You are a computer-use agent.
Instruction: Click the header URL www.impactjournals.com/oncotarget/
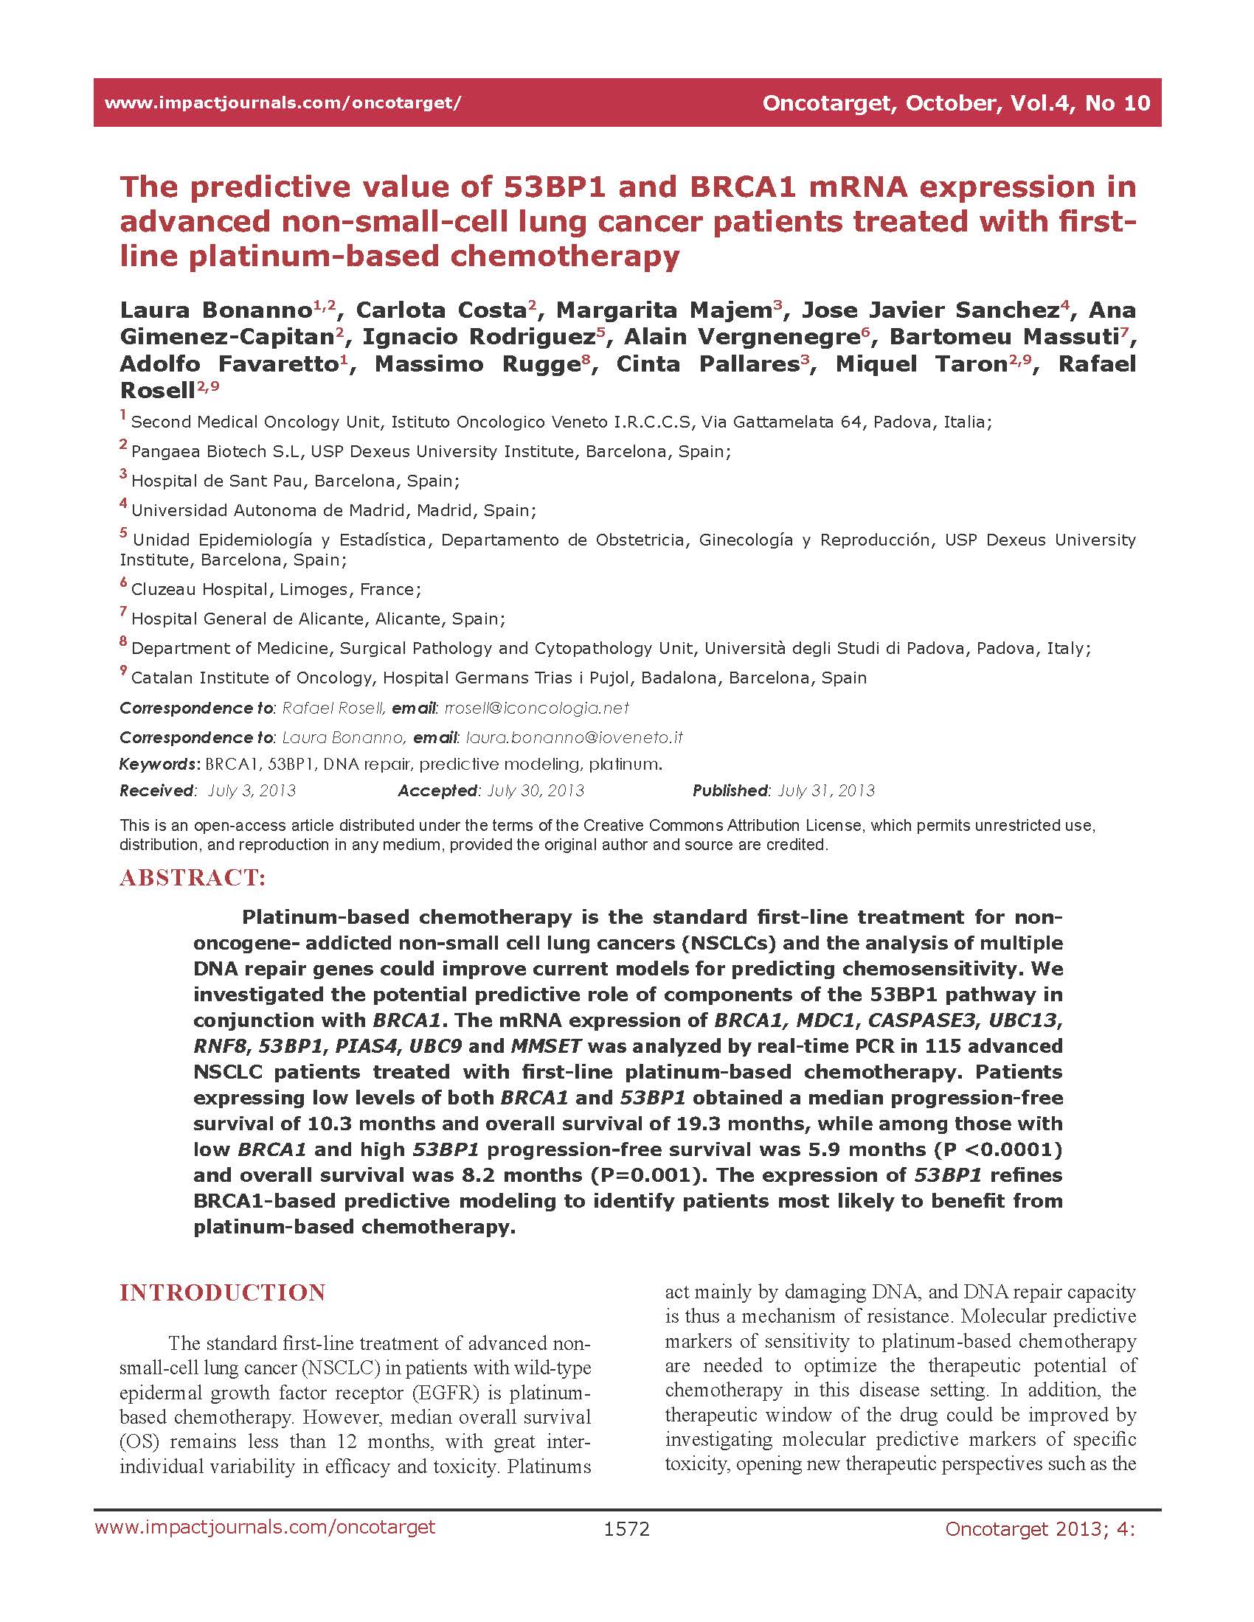(x=283, y=102)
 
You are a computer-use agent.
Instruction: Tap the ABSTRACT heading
(x=193, y=878)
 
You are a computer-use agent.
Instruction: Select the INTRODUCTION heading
(x=222, y=1292)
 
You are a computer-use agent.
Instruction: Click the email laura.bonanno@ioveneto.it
(x=573, y=737)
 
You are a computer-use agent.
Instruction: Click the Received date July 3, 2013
(x=251, y=790)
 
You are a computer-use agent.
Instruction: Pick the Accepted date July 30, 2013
(x=535, y=790)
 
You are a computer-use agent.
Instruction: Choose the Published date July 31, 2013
(x=826, y=790)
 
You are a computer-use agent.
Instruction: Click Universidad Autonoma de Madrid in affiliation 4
(x=267, y=511)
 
